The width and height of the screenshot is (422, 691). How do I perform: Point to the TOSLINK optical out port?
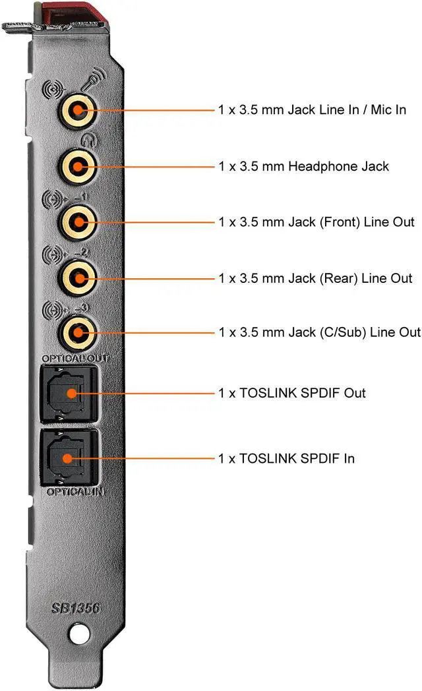tap(69, 394)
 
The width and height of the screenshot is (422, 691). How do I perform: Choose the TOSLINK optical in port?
tap(69, 457)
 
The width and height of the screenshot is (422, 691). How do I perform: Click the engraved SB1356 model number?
tap(76, 608)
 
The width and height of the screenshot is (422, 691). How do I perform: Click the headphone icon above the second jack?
tap(86, 139)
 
